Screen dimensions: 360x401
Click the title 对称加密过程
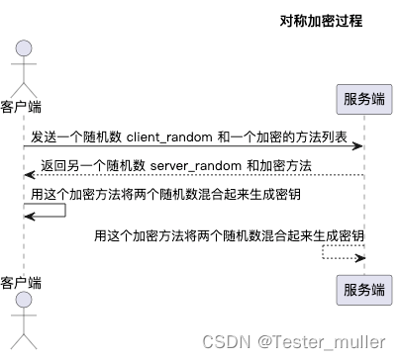[319, 20]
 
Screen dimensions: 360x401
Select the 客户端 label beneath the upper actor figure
[22, 105]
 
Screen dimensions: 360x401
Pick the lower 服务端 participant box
[359, 289]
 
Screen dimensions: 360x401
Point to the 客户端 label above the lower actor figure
[22, 283]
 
